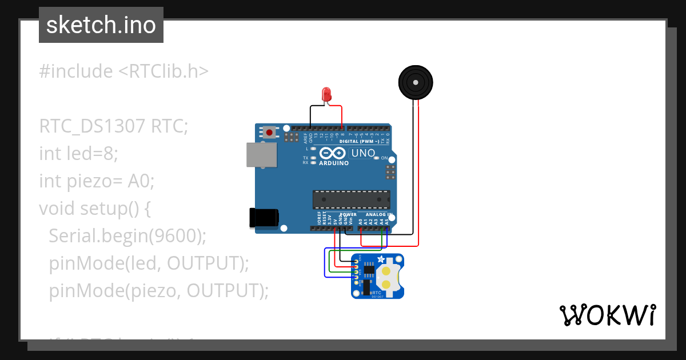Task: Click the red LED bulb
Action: click(326, 94)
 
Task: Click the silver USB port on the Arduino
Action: click(261, 154)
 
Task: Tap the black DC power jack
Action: click(264, 218)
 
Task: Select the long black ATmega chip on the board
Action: click(351, 199)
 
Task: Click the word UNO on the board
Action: click(362, 153)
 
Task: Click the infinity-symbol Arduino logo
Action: click(333, 153)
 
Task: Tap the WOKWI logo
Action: click(607, 315)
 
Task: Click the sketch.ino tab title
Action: click(101, 25)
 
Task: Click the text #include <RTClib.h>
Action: click(124, 71)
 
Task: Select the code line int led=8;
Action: click(78, 154)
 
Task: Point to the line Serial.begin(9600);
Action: click(127, 236)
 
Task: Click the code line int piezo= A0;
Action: click(97, 181)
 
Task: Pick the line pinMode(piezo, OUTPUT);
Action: click(158, 291)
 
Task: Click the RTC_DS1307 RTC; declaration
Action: click(113, 126)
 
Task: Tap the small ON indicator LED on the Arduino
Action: click(376, 158)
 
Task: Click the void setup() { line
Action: click(95, 209)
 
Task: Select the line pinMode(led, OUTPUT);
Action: click(149, 263)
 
